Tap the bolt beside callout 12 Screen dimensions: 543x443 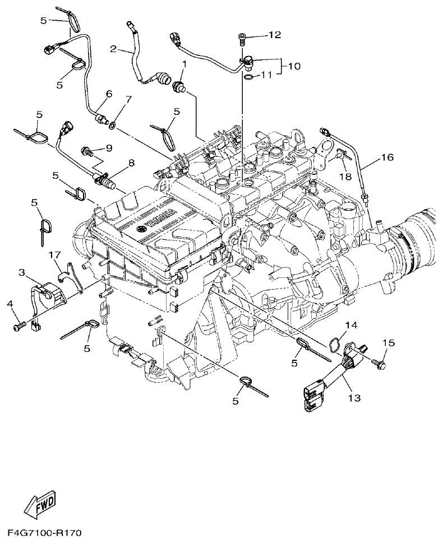point(242,38)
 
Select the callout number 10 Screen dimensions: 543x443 point(294,66)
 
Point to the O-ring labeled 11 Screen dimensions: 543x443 point(248,75)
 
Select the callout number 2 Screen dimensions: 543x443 point(113,49)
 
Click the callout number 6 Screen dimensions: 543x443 point(109,94)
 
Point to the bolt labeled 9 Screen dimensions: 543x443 point(87,150)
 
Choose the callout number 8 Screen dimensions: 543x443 point(131,163)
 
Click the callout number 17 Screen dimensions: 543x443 point(54,256)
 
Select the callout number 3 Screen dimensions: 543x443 point(22,273)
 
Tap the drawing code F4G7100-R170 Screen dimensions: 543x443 point(45,531)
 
